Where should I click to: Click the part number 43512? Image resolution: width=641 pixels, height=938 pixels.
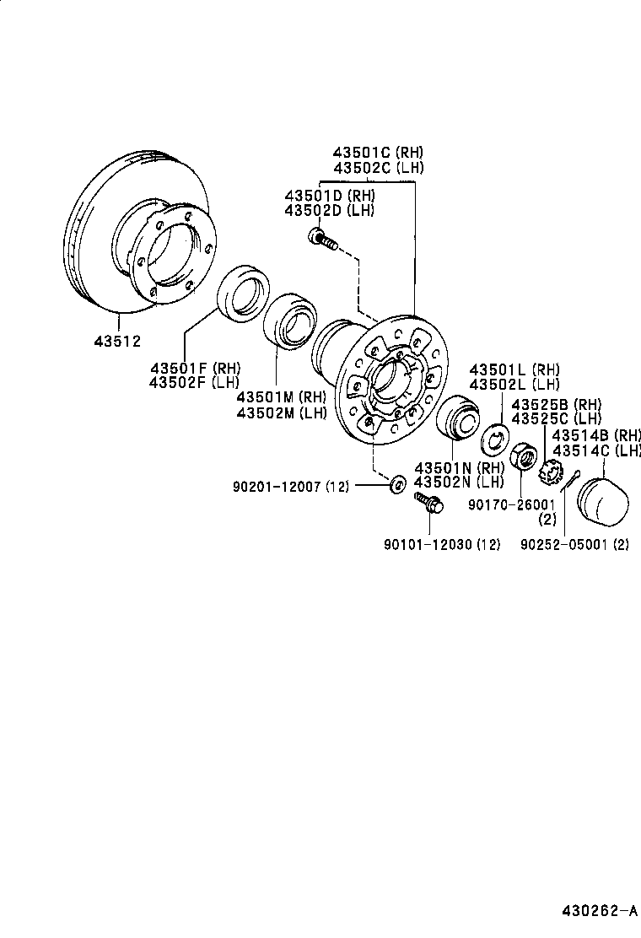tap(117, 342)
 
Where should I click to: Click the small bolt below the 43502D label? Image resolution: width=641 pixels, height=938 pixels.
tap(323, 240)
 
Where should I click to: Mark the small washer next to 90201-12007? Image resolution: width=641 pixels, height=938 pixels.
tap(396, 484)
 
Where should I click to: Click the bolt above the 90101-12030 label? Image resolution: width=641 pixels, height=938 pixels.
tap(428, 504)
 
